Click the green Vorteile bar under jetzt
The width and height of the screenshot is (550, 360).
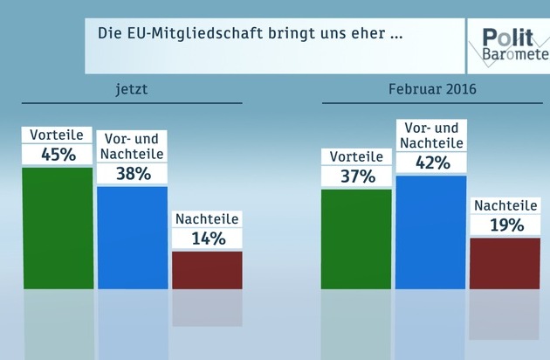(58, 227)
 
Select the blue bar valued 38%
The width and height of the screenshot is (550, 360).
(132, 237)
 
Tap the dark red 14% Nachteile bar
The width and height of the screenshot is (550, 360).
(207, 269)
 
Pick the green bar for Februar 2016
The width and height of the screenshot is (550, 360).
(356, 238)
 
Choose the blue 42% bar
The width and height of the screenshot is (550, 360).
(431, 232)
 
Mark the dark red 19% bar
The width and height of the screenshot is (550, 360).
(505, 262)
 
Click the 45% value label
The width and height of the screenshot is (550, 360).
(58, 155)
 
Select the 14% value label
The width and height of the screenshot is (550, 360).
(208, 238)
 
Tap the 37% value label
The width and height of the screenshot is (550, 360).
(357, 177)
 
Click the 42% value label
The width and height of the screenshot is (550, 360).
(432, 162)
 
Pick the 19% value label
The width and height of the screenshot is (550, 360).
(506, 225)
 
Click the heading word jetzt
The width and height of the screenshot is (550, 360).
(133, 90)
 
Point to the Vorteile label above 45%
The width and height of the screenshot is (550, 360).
(58, 135)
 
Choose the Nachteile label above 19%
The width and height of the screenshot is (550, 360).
(506, 206)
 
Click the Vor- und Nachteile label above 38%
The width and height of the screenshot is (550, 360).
(133, 146)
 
